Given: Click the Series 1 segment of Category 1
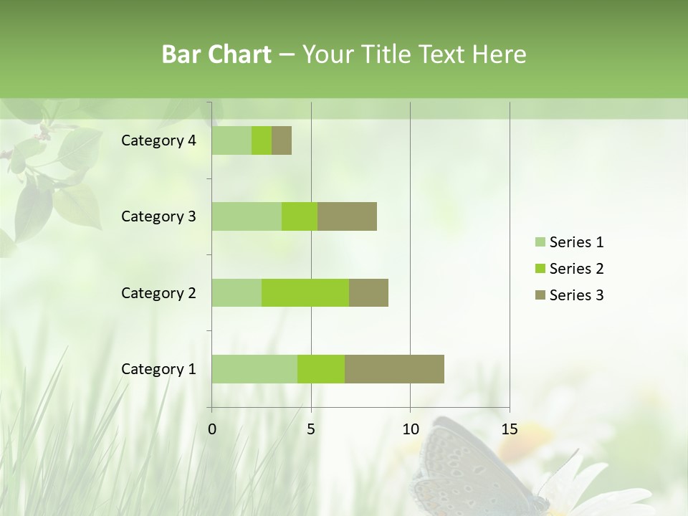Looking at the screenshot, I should [x=254, y=369].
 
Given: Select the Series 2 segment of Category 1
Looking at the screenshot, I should [x=321, y=369].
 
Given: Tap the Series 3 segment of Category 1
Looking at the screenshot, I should [x=394, y=369].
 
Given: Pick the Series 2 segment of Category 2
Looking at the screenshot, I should [x=305, y=292].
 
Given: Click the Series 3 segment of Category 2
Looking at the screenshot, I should [x=368, y=292].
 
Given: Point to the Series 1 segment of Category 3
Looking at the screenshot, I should [x=247, y=216].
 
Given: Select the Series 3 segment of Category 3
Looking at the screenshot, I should [x=347, y=216].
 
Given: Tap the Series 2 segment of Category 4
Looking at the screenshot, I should [x=262, y=140].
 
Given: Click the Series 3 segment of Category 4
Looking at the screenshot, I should [x=282, y=140].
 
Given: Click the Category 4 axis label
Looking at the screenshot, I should [x=158, y=140].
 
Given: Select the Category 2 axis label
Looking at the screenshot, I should [x=158, y=292].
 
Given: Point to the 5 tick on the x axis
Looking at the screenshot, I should [x=311, y=429].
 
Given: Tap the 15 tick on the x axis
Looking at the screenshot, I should [x=509, y=429].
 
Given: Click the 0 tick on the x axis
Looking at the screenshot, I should [x=212, y=429].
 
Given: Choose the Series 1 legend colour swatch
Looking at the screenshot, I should [x=540, y=242].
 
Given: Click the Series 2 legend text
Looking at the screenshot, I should [x=576, y=269].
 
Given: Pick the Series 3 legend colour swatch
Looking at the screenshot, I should [x=540, y=295].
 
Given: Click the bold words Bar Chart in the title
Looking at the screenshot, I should [x=216, y=54].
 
